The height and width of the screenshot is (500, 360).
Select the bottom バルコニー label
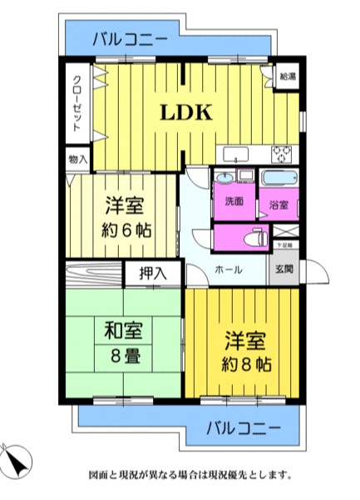(242, 430)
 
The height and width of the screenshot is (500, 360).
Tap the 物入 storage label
(76, 157)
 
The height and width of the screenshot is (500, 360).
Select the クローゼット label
(76, 106)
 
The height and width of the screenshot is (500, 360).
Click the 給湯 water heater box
(286, 76)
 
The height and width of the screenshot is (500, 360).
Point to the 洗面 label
(233, 201)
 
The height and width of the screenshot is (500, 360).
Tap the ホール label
(229, 270)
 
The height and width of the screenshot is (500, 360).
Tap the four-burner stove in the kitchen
(284, 154)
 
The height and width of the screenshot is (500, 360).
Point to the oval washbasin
(224, 178)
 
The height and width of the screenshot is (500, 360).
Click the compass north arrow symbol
(18, 459)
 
